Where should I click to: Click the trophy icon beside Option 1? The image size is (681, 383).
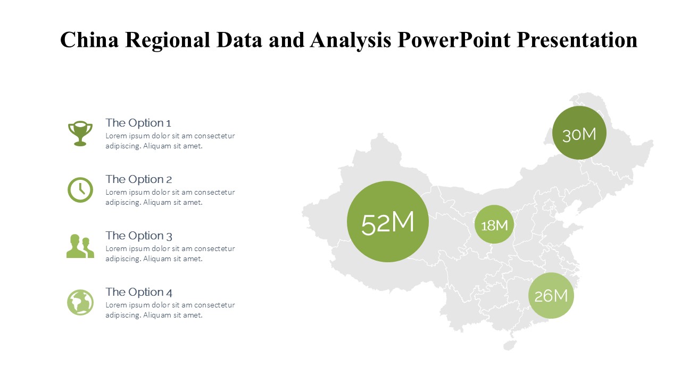pos(80,134)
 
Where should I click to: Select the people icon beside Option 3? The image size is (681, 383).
pos(80,246)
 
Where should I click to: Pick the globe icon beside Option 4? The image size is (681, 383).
pos(80,303)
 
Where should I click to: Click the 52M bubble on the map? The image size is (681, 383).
pos(388,222)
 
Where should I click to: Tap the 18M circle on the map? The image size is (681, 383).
pos(494,224)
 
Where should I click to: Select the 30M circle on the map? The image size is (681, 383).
pos(579,133)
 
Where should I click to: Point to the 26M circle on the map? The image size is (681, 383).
pos(551,295)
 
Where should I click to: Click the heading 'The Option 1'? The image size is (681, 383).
pos(138,123)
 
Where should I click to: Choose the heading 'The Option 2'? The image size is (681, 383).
pos(138,179)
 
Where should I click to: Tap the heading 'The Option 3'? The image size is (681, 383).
pos(139,236)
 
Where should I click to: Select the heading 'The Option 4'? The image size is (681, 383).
pos(139,292)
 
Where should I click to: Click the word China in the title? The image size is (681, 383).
pos(89,40)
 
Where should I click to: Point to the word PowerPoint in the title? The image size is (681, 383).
pos(454,40)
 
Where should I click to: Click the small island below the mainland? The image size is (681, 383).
pos(510,345)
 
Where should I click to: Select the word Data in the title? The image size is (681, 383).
pos(239,40)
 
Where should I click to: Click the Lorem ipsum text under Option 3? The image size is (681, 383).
pos(170,254)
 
